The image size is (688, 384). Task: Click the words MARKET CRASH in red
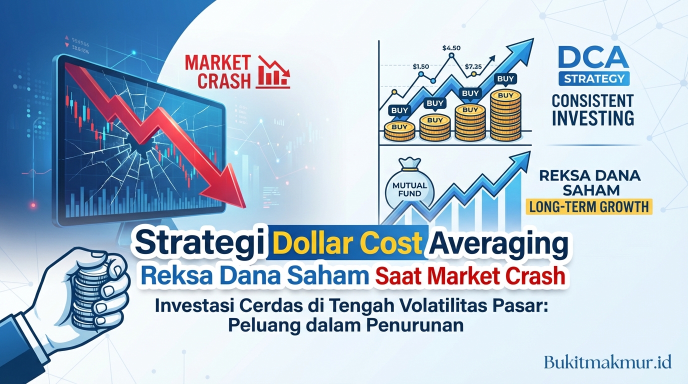coord(217,72)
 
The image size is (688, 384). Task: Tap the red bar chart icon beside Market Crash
coord(273,72)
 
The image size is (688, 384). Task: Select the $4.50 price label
coord(451,48)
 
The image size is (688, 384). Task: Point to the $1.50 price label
coord(421,65)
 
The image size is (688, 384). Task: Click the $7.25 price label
coord(473,65)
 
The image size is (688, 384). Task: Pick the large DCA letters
coord(593,58)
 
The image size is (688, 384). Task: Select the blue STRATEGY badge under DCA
coord(593,79)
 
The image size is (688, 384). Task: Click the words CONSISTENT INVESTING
coord(593,109)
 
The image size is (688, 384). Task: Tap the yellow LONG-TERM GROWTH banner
coord(589,206)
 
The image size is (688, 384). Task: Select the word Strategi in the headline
coord(200,244)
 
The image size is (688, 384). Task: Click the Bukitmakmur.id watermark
coord(607,361)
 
